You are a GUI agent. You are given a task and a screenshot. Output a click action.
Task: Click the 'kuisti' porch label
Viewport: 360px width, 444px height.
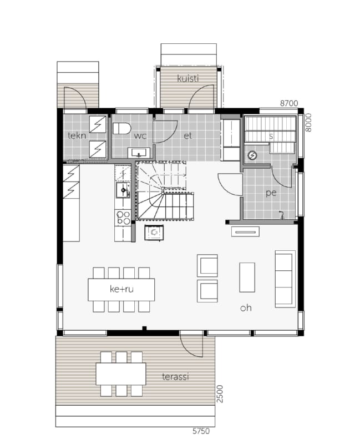[187, 78]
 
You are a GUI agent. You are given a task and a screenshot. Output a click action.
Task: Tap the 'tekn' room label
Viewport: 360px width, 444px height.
[77, 135]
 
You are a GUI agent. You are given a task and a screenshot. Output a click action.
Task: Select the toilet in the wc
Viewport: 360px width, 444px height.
[121, 129]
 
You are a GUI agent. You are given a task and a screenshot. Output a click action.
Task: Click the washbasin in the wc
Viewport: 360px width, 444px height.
[139, 153]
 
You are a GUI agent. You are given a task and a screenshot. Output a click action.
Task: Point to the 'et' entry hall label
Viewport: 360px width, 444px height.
[187, 136]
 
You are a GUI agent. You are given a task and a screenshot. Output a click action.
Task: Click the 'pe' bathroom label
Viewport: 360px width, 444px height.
[271, 193]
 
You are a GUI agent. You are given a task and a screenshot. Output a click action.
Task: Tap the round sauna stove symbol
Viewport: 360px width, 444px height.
[252, 155]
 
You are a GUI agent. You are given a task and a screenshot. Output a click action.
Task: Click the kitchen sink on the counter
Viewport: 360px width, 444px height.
[123, 190]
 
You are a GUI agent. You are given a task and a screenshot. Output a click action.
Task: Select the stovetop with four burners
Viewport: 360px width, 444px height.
[123, 218]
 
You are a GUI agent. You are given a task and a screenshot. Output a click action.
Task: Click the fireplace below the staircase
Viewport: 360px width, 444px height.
[154, 233]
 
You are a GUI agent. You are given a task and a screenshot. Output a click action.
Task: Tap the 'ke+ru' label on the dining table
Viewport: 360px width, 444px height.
[121, 289]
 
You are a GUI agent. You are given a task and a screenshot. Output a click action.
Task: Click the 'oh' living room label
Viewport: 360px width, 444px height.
[246, 308]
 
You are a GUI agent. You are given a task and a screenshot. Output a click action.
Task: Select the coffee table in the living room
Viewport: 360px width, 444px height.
[247, 277]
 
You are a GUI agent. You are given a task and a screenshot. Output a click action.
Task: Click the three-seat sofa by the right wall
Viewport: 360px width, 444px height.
[285, 279]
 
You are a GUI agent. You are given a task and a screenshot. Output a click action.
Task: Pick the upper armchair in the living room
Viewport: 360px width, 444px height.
[207, 265]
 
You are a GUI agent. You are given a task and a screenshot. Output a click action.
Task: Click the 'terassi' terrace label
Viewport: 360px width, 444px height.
[175, 377]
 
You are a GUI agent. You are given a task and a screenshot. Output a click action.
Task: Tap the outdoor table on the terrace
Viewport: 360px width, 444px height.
[121, 374]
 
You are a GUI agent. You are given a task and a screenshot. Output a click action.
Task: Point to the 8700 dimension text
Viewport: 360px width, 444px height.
[289, 104]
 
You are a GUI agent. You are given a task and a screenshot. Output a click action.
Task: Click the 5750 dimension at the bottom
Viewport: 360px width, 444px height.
[201, 431]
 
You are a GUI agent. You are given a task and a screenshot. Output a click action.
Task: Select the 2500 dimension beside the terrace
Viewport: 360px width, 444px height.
[220, 393]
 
